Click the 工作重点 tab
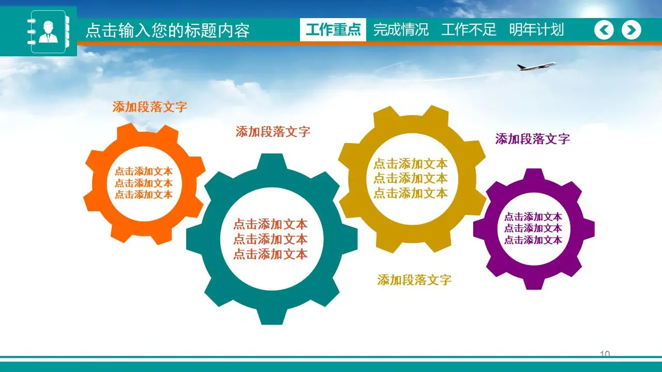click(333, 30)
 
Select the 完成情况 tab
click(401, 30)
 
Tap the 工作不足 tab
click(469, 30)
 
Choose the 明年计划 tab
click(536, 30)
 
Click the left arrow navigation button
click(604, 30)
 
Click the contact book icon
click(48, 32)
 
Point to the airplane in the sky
click(536, 66)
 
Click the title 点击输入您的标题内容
click(167, 30)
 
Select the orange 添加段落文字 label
click(149, 107)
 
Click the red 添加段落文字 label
click(273, 132)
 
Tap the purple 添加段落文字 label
click(532, 139)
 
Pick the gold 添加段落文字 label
click(414, 280)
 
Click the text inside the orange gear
click(143, 183)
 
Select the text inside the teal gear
click(270, 239)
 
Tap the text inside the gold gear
click(410, 178)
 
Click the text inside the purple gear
click(533, 228)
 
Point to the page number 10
click(605, 354)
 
